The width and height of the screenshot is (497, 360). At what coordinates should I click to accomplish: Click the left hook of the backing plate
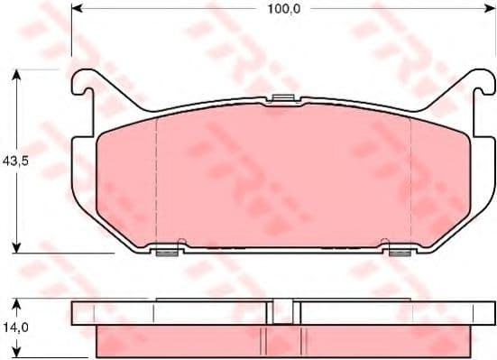pos(80,84)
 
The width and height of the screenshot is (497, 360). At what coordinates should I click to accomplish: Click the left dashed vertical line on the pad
pos(157,180)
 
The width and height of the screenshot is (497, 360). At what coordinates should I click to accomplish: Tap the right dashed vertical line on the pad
pos(410,180)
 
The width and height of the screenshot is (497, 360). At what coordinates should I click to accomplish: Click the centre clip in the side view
pos(283,310)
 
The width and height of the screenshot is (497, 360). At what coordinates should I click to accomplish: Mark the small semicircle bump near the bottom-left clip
pos(182,242)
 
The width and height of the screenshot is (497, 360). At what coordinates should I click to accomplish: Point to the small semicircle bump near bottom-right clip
pos(383,242)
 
